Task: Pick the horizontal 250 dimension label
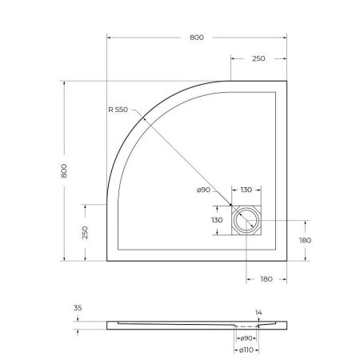[259, 58]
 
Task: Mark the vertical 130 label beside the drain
[217, 219]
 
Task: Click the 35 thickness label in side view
[78, 306]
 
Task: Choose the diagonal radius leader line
[192, 166]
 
